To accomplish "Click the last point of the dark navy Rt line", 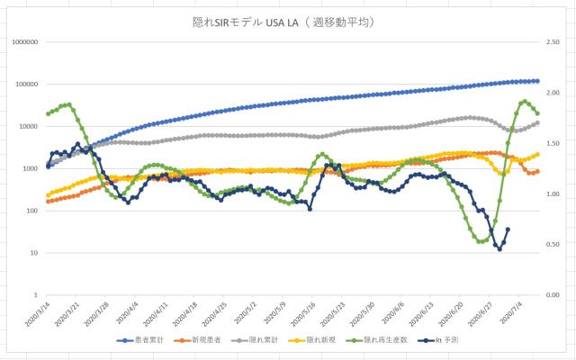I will tap(508, 229).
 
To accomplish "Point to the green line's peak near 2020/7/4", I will tap(525, 102).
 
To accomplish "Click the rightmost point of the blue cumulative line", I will tap(537, 81).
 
